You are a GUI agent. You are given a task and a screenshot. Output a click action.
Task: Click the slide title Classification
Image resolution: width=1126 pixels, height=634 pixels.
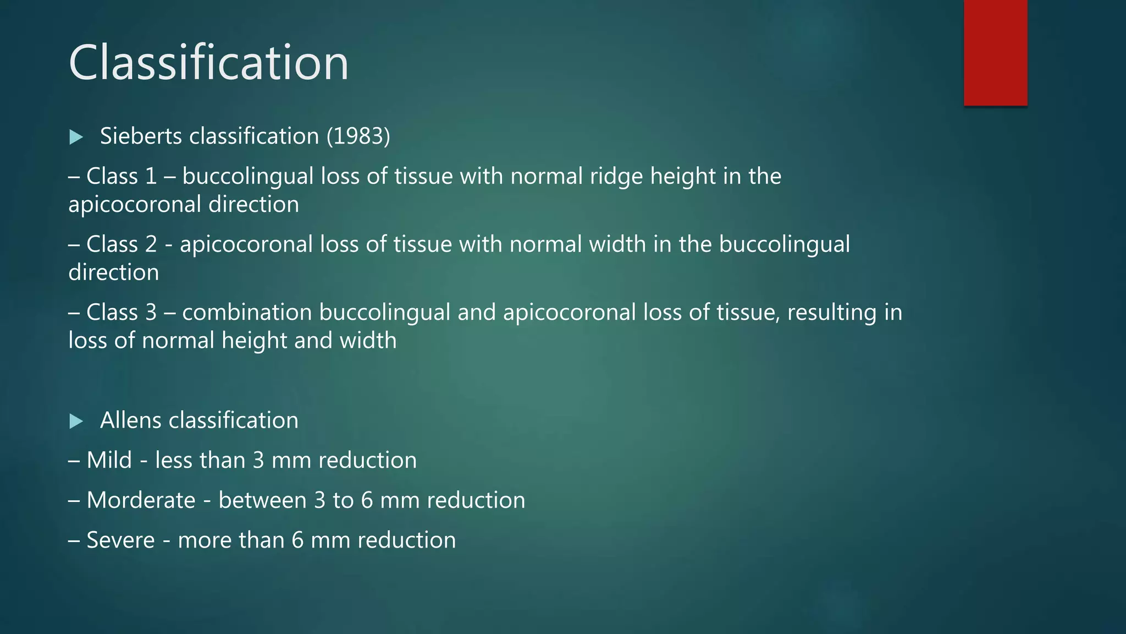click(x=208, y=63)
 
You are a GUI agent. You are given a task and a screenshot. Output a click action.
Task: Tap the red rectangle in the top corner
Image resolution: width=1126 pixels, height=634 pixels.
click(x=995, y=52)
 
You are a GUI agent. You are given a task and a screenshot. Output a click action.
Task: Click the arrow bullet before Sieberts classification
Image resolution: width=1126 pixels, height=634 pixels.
click(x=76, y=137)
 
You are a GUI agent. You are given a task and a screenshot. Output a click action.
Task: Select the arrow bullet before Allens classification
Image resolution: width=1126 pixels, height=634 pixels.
click(x=76, y=422)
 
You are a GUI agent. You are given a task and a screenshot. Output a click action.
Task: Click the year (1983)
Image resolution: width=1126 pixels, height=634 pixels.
click(x=358, y=136)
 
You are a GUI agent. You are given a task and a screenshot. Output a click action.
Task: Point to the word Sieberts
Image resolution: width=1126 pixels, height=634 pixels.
click(x=141, y=136)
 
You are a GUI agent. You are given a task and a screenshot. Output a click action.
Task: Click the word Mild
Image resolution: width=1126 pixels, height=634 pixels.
click(x=109, y=460)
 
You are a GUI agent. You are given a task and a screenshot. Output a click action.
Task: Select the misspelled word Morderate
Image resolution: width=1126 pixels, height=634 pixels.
click(x=141, y=500)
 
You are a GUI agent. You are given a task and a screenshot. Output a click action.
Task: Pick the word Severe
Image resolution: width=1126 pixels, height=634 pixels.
click(x=120, y=540)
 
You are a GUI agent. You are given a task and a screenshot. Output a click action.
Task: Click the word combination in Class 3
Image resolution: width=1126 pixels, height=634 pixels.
click(x=247, y=312)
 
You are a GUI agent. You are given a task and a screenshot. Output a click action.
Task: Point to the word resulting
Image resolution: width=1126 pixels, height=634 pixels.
click(x=832, y=313)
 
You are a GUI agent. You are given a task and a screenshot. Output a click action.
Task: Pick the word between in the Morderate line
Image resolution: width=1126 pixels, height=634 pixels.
click(x=262, y=500)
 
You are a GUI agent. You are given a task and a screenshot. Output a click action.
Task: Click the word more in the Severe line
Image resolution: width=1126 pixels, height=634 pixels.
click(x=198, y=540)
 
